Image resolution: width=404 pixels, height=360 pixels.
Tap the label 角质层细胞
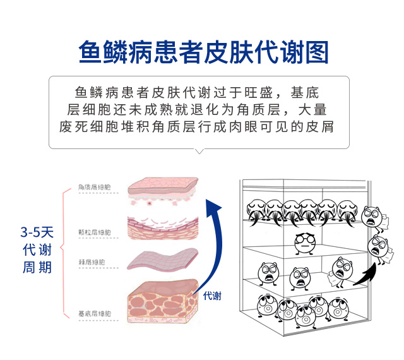pos(94,187)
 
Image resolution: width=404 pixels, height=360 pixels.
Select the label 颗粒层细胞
pos(94,232)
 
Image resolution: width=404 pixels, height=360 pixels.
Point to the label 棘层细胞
pos(92,261)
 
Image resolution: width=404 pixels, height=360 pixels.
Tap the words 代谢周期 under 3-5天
pos(37,259)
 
